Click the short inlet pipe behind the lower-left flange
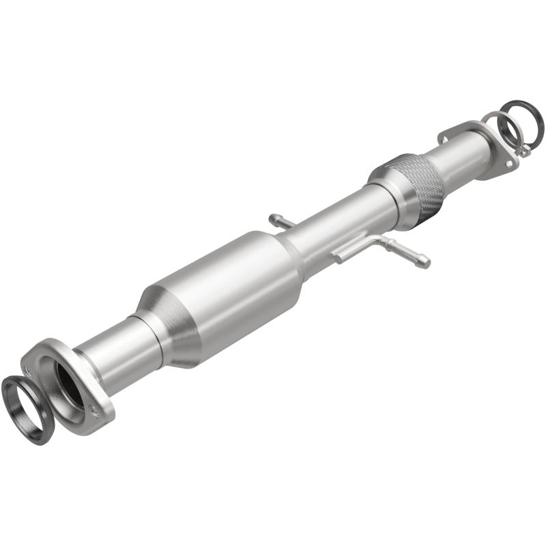tap(116, 348)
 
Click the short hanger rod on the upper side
tap(281, 220)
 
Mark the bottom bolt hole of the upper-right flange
tap(508, 164)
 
